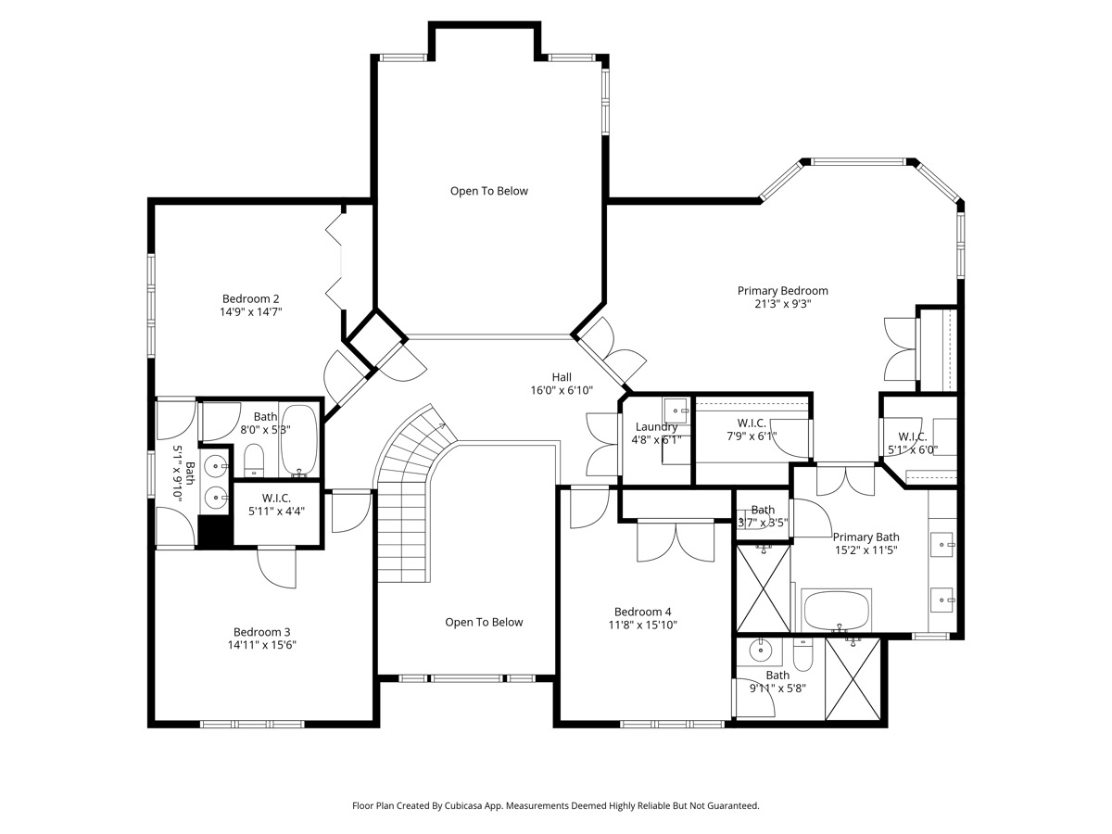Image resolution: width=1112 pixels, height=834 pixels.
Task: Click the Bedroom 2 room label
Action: (x=250, y=298)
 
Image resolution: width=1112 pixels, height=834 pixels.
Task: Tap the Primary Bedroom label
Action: (x=782, y=291)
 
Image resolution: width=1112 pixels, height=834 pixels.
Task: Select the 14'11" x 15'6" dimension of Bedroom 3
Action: (x=261, y=645)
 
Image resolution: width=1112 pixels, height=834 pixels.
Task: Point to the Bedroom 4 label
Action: (x=642, y=612)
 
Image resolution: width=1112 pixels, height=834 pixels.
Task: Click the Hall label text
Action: (x=562, y=377)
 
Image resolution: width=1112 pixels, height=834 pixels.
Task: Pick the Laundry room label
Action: (x=656, y=427)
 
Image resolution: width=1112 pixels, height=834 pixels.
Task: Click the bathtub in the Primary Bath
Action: (x=837, y=610)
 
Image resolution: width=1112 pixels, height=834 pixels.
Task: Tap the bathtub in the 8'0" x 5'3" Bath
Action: (x=299, y=440)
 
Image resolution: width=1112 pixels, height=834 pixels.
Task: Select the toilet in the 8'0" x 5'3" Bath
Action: (x=254, y=461)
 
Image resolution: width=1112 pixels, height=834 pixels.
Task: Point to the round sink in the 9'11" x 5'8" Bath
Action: (x=759, y=651)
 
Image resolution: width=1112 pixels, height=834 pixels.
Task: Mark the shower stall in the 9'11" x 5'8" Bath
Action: (x=853, y=678)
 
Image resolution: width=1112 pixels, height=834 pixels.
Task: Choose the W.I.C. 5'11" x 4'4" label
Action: (x=276, y=504)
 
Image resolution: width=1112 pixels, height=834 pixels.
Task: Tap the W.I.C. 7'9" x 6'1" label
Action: (x=752, y=429)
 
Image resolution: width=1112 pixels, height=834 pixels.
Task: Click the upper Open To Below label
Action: (x=489, y=191)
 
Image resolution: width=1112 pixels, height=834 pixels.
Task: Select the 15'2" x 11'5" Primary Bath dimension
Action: (x=866, y=550)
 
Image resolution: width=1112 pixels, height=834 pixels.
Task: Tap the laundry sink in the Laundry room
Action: (x=676, y=411)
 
